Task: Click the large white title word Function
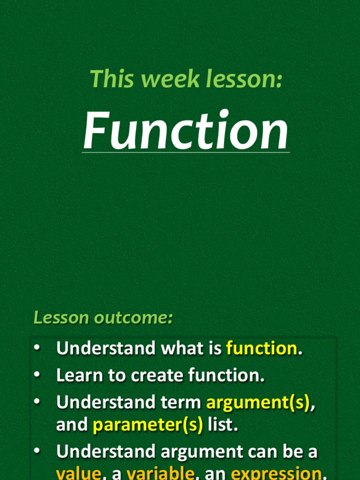pos(186,131)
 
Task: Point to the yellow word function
pos(261,348)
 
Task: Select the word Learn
pos(77,375)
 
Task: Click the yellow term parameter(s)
pos(148,425)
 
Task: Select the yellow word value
pos(78,473)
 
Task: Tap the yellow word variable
pos(160,473)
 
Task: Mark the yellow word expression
pos(276,473)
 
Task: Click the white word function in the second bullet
pos(226,375)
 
